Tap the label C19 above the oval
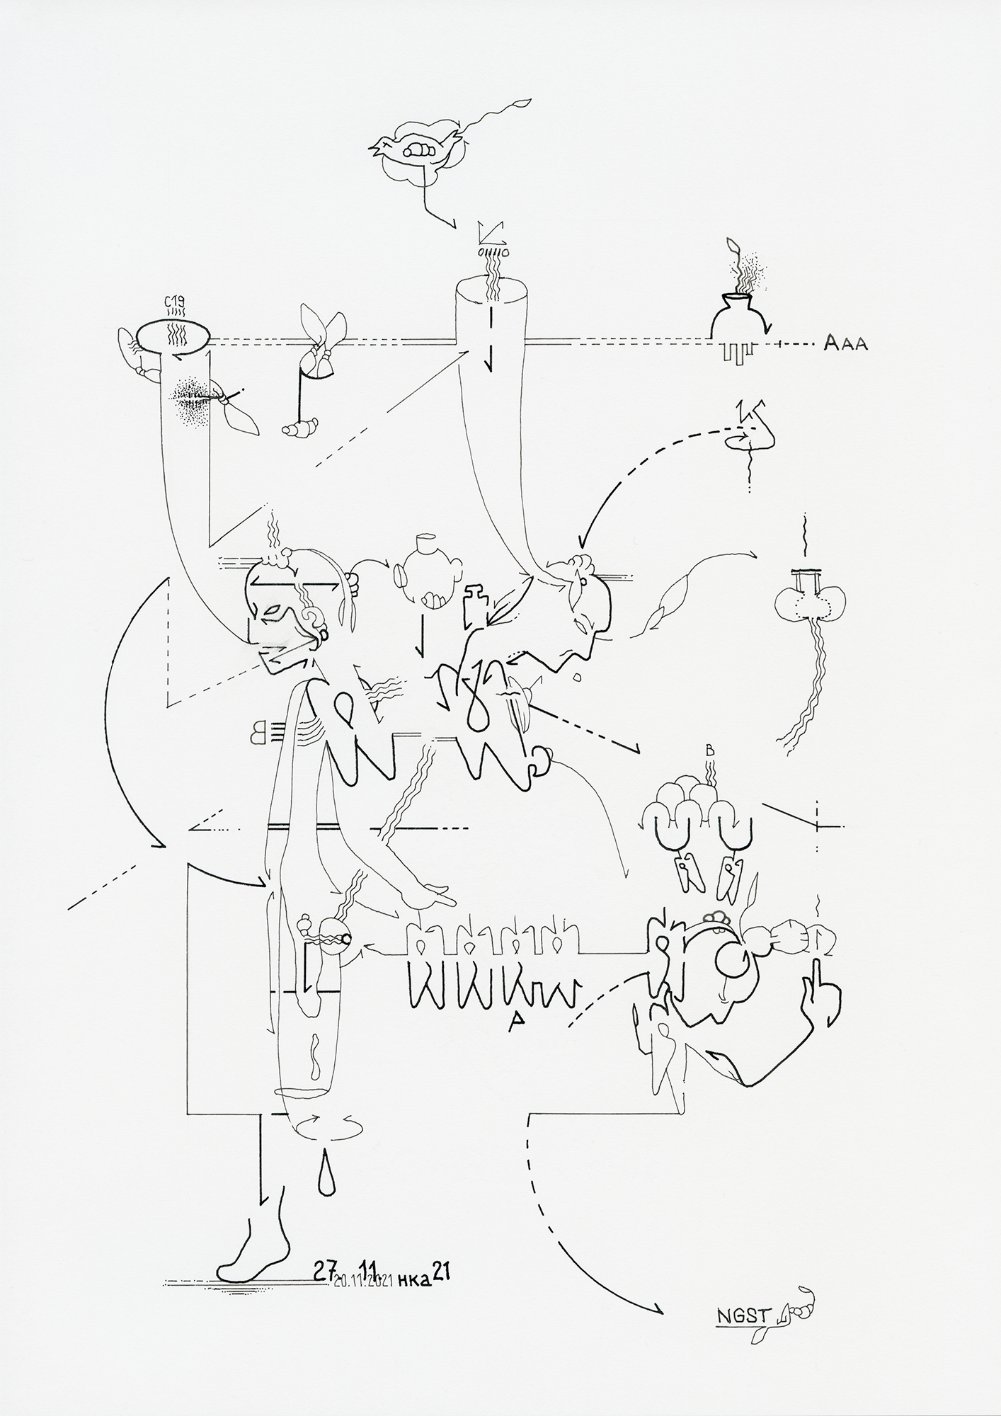click(175, 304)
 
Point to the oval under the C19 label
click(173, 333)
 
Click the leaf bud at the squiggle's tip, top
click(523, 103)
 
